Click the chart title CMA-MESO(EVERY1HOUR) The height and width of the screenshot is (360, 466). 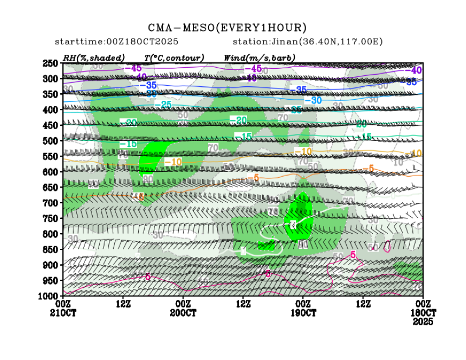[228, 28]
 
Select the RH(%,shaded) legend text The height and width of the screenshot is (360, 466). [94, 57]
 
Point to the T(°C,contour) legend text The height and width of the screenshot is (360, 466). [174, 57]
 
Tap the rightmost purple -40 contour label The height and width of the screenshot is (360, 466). [416, 70]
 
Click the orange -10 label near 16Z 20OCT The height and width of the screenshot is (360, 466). [173, 162]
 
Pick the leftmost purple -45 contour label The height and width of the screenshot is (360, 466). [133, 68]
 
